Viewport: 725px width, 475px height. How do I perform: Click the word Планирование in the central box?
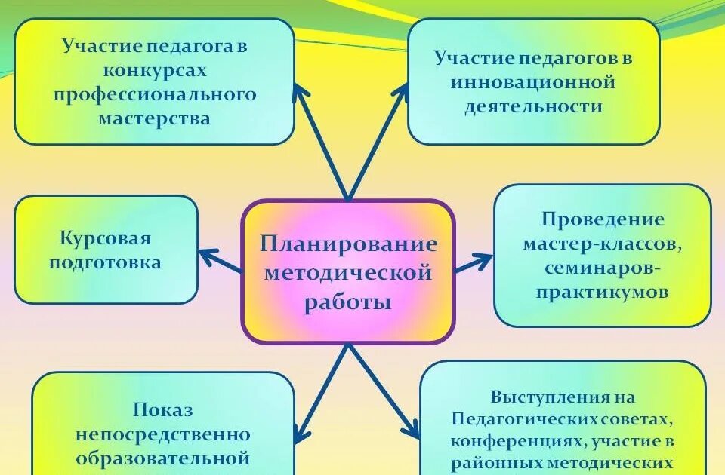348,244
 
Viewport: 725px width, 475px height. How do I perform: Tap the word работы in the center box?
348,302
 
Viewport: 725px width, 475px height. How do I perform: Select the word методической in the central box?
348,273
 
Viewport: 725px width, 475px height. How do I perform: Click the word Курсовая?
106,239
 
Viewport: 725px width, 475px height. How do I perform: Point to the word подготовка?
106,262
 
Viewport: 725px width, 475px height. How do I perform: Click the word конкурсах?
155,69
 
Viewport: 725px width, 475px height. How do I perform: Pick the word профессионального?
155,94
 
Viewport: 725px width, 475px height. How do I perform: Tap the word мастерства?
155,118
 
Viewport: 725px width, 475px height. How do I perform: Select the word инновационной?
533,81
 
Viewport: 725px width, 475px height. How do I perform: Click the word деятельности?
533,106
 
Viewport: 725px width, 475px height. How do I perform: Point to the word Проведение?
603,219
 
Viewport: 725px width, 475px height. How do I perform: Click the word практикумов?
603,292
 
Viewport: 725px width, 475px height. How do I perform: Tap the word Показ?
163,410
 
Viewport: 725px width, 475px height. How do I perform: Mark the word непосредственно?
163,434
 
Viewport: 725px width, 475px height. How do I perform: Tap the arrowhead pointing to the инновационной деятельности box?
401,92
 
